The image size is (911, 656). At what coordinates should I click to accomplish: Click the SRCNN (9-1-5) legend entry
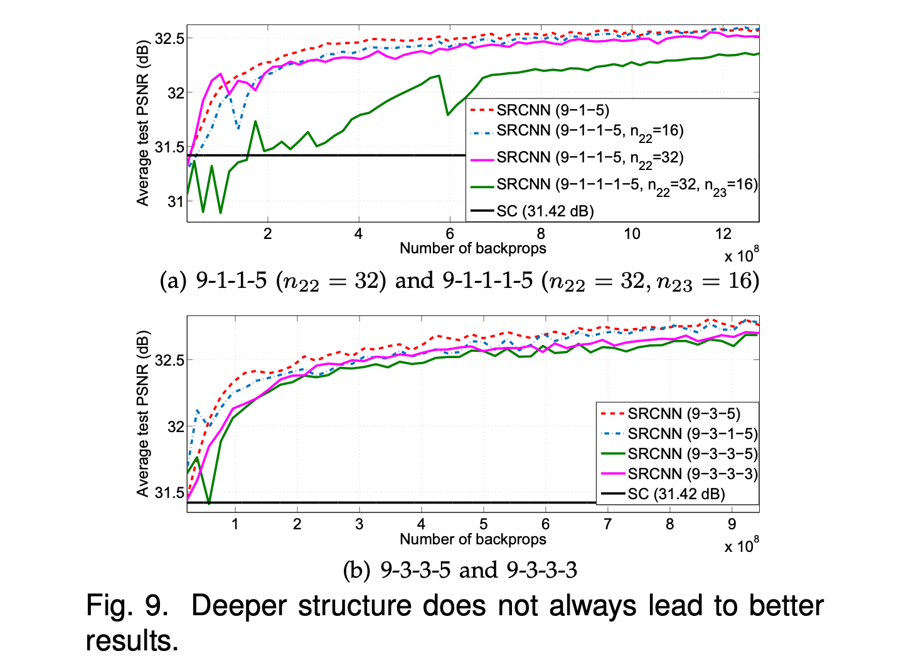pyautogui.click(x=552, y=110)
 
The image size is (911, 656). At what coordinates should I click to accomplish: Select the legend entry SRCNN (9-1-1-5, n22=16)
pyautogui.click(x=590, y=131)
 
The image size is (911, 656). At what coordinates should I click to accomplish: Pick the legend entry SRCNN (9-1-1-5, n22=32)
pyautogui.click(x=590, y=157)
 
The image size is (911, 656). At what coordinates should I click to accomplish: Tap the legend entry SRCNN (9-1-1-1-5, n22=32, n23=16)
pyautogui.click(x=627, y=184)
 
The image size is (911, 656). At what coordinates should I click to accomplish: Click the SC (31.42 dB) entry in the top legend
pyautogui.click(x=545, y=211)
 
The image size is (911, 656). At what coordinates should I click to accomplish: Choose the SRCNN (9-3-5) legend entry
pyautogui.click(x=684, y=414)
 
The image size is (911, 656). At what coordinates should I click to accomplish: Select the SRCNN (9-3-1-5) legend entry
pyautogui.click(x=692, y=434)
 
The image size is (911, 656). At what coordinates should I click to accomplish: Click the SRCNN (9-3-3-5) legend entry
pyautogui.click(x=692, y=453)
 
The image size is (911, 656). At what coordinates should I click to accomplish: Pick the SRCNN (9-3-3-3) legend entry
pyautogui.click(x=692, y=473)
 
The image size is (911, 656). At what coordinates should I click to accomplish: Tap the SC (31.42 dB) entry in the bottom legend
pyautogui.click(x=676, y=494)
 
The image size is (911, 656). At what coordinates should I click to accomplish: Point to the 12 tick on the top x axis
pyautogui.click(x=723, y=234)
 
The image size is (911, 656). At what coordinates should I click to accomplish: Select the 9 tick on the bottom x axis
pyautogui.click(x=732, y=524)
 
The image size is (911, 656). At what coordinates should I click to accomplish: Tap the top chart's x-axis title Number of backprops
pyautogui.click(x=472, y=248)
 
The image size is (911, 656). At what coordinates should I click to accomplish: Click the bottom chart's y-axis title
pyautogui.click(x=143, y=414)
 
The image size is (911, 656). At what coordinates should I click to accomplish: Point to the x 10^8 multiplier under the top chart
pyautogui.click(x=741, y=256)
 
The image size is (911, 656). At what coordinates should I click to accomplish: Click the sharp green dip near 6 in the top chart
pyautogui.click(x=447, y=115)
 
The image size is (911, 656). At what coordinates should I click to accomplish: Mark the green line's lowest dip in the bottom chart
pyautogui.click(x=208, y=503)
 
